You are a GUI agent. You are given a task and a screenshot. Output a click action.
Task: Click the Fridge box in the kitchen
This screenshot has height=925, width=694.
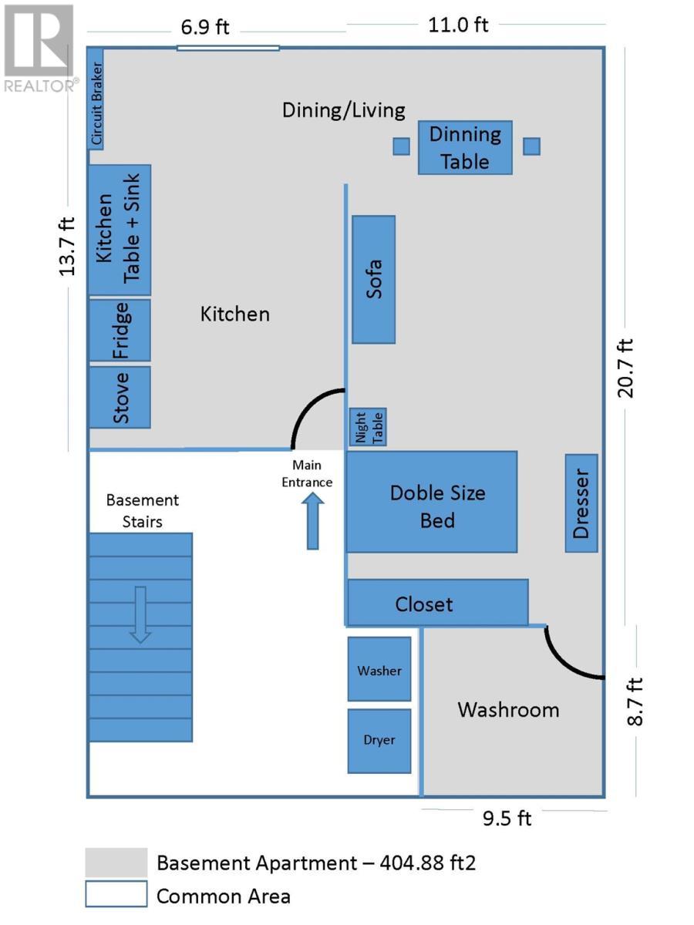pos(120,330)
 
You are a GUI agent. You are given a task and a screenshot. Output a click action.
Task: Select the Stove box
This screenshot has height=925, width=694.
pos(120,397)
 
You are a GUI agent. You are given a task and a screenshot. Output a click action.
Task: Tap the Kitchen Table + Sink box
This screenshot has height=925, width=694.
pos(120,230)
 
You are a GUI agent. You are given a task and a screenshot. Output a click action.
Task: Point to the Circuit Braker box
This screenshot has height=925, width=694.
pos(95,99)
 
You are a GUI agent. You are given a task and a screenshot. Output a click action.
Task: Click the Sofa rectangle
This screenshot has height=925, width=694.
pos(373,279)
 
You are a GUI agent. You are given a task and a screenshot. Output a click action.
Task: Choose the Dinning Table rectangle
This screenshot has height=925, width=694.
pos(465,147)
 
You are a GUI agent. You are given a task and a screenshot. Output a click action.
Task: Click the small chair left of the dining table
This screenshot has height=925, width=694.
pos(401,146)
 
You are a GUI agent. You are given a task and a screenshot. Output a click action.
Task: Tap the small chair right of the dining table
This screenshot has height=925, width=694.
pos(531,146)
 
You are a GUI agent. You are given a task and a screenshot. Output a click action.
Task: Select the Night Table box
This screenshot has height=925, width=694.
pos(368,427)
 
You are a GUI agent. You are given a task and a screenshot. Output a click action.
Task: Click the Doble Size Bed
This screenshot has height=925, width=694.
pos(431,502)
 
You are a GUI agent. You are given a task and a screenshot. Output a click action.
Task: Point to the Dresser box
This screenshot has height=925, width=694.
pos(581,503)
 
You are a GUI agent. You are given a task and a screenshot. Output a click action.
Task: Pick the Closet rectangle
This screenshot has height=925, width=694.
pos(437,602)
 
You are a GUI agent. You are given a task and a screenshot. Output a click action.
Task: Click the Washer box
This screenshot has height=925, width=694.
pos(379,669)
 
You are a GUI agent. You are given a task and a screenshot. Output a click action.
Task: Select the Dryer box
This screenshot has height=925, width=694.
pos(379,741)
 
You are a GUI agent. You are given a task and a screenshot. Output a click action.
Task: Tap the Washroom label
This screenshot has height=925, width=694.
pos(508,710)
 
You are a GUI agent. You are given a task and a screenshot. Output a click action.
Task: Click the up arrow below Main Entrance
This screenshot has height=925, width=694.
pos(312,522)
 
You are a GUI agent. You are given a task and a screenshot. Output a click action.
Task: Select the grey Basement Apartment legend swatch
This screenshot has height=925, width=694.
pos(116,863)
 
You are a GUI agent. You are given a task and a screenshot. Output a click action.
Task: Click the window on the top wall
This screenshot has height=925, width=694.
pos(227,48)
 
